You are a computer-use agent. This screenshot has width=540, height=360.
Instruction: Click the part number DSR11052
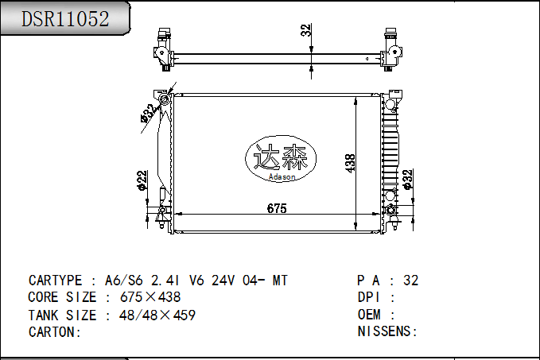pyautogui.click(x=64, y=19)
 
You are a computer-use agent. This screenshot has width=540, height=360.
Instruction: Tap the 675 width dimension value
pyautogui.click(x=276, y=209)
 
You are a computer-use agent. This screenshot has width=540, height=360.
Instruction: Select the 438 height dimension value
pyautogui.click(x=349, y=163)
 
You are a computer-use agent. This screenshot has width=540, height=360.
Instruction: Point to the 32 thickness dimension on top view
pyautogui.click(x=305, y=30)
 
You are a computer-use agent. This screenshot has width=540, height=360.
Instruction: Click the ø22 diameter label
pyautogui.click(x=142, y=180)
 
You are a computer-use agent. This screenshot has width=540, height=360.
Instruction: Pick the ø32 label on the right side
pyautogui.click(x=408, y=180)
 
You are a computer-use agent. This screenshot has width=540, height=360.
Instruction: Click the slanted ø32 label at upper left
pyautogui.click(x=148, y=113)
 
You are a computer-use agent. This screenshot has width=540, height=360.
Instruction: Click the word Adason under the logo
pyautogui.click(x=282, y=177)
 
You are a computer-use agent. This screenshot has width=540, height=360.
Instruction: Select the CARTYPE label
pyautogui.click(x=55, y=281)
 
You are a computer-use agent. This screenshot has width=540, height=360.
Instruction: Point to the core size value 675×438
pyautogui.click(x=150, y=297)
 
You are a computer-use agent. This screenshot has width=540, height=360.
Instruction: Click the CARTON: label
pyautogui.click(x=55, y=331)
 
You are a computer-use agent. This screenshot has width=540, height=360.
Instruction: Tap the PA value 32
pyautogui.click(x=410, y=281)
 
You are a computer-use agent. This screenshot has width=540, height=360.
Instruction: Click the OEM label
pyautogui.click(x=371, y=315)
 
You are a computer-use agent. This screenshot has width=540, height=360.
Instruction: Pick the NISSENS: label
pyautogui.click(x=387, y=331)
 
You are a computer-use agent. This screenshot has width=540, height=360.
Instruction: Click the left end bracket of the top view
pyautogui.click(x=164, y=52)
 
